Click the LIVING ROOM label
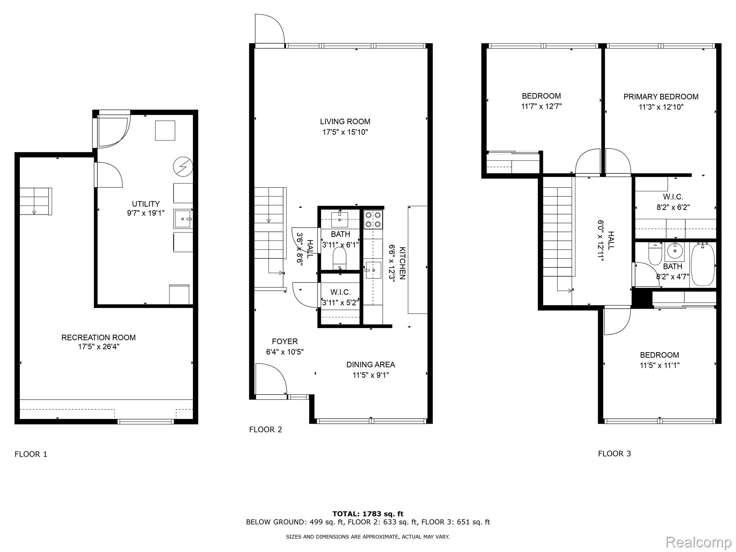[345, 121]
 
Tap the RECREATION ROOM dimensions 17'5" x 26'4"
[99, 347]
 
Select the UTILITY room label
[146, 204]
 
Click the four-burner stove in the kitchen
[373, 220]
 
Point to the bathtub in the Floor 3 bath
[703, 264]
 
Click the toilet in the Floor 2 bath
[340, 258]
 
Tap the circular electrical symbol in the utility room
[183, 167]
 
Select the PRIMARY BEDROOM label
[661, 97]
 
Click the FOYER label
[285, 341]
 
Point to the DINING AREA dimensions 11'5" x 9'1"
[371, 375]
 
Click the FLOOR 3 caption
[614, 454]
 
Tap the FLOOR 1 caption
[31, 454]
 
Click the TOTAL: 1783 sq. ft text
[368, 514]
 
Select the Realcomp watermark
[698, 542]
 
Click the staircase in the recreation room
[35, 201]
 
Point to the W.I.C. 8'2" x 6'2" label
[673, 202]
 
